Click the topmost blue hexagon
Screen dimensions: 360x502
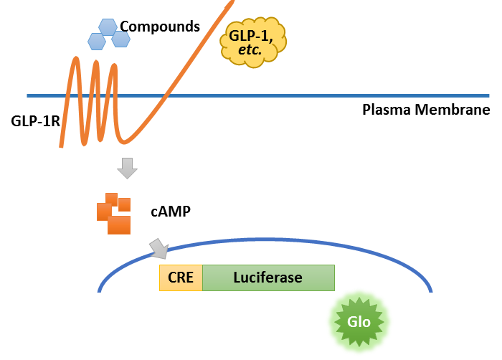coord(108,27)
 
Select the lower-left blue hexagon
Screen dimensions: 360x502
coord(96,41)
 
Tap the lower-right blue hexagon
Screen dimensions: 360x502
coord(120,38)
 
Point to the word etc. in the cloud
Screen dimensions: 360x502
coord(251,50)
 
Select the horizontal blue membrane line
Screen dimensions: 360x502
coord(323,95)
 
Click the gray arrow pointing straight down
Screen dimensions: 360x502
coord(127,169)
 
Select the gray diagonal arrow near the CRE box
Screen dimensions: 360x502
coord(158,249)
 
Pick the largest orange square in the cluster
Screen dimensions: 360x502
coord(119,224)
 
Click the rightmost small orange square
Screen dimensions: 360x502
coord(125,204)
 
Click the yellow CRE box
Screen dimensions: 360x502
coord(181,278)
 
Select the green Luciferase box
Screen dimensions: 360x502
coord(268,278)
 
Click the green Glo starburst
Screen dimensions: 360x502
coord(359,322)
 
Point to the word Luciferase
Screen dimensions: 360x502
coord(267,278)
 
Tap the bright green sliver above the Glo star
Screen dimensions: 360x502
coord(359,290)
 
